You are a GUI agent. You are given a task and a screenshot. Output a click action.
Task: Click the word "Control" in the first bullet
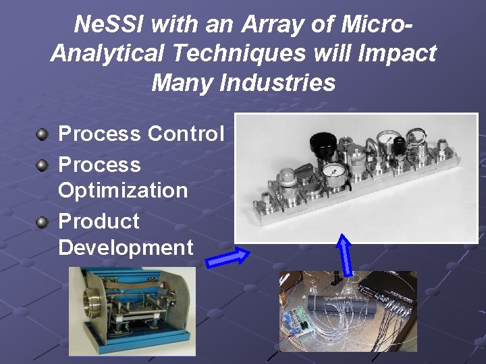pyautogui.click(x=186, y=133)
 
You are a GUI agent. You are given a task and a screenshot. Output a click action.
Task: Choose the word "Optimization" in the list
pyautogui.click(x=123, y=190)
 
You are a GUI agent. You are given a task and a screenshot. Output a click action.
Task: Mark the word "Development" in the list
pyautogui.click(x=126, y=247)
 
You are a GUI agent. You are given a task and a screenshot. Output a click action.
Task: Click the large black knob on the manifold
pyautogui.click(x=320, y=142)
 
